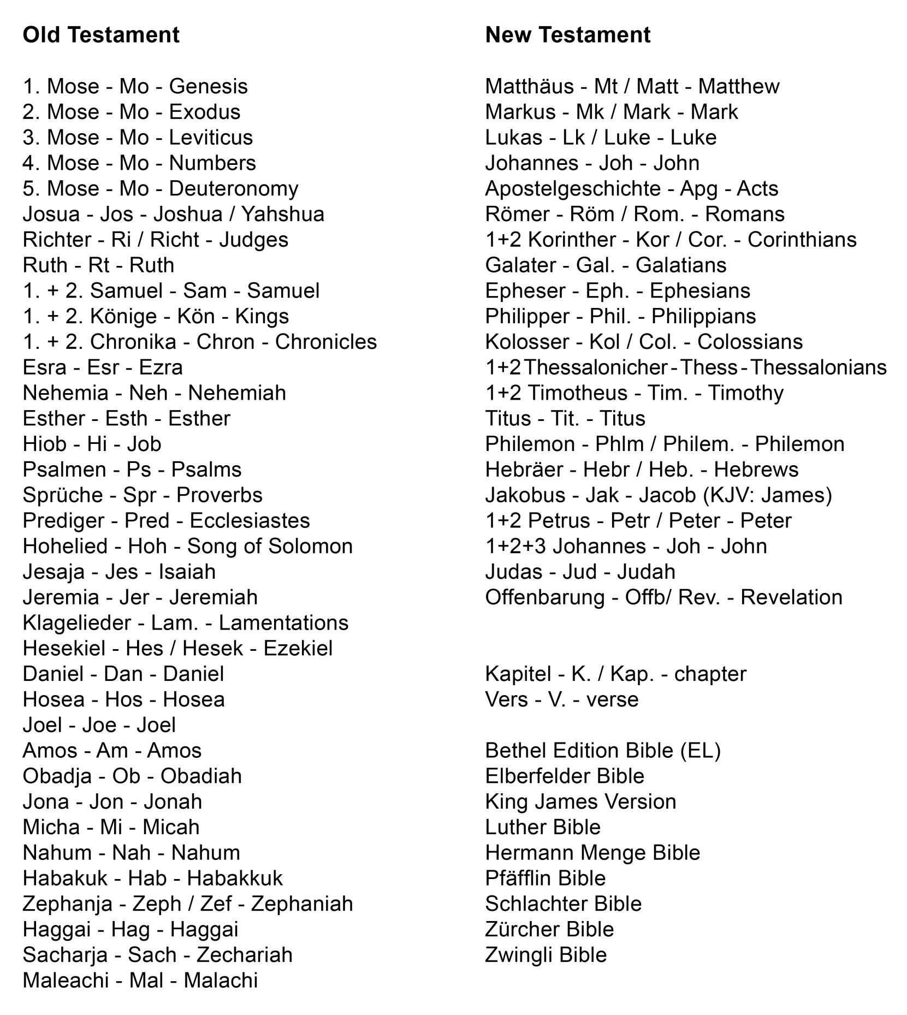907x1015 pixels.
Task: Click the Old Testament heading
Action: coord(101,35)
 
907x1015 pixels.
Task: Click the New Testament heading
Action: coord(567,35)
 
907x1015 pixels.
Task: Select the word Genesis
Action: coord(208,86)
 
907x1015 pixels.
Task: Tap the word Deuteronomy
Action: coord(234,188)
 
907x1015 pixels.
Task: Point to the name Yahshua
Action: coord(283,214)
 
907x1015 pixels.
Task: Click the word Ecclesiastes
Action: coord(250,520)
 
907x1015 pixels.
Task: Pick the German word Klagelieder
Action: coord(77,622)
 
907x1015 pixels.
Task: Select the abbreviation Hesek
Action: coord(212,648)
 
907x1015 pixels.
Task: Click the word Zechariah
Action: coord(244,954)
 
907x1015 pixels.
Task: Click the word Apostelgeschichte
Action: coord(573,188)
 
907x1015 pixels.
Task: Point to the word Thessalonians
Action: coord(819,367)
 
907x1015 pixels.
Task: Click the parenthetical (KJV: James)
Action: coord(767,495)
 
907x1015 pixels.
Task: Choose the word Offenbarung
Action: coord(545,597)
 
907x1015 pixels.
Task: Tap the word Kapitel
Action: coord(518,674)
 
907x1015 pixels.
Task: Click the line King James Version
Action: coord(580,802)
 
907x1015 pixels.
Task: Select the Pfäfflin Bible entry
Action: coord(545,878)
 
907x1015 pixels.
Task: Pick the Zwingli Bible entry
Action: coord(546,954)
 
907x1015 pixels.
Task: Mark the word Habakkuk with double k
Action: coord(235,878)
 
